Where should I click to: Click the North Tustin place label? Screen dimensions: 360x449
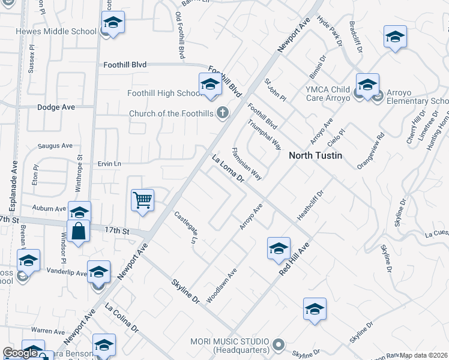tap(315, 155)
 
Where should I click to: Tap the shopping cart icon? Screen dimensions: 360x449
tap(143, 200)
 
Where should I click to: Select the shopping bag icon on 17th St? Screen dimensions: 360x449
tap(79, 230)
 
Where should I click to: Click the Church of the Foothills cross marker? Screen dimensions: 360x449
tap(223, 112)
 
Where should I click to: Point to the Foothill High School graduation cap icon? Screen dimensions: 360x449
tap(210, 85)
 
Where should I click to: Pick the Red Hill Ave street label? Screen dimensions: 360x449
tap(294, 259)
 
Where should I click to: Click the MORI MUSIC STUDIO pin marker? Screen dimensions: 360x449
tap(277, 345)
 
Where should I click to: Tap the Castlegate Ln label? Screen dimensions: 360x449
tap(185, 227)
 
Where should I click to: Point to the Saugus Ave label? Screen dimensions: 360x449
tap(55, 145)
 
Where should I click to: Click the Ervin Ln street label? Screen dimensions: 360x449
tap(109, 163)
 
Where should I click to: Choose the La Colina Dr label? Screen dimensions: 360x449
tap(122, 319)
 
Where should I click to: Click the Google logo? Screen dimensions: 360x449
tap(20, 353)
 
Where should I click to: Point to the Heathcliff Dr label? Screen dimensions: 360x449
tap(310, 205)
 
